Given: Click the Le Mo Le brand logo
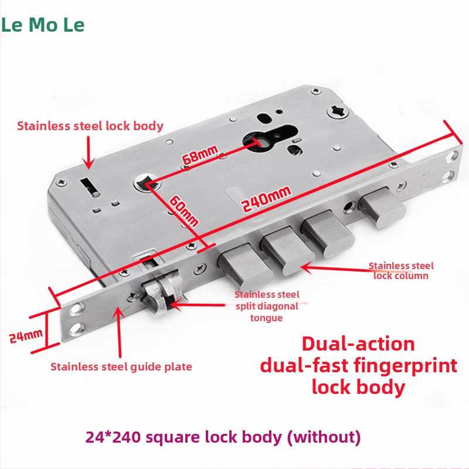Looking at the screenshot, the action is (x=43, y=25).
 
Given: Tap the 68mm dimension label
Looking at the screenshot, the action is (x=200, y=154).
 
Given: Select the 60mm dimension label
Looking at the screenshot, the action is (x=183, y=211).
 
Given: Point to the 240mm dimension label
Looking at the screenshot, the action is (x=266, y=199).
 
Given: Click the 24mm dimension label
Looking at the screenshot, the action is (x=26, y=336).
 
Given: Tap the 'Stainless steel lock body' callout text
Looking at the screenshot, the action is (x=90, y=126).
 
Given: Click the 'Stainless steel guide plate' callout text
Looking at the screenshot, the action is (x=121, y=367).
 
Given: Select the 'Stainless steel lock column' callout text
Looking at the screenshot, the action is (x=401, y=271).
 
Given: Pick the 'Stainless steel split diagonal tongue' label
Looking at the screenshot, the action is (x=267, y=306).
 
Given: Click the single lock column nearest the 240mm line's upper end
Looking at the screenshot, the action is (x=382, y=207).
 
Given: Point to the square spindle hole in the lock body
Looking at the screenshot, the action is (x=146, y=182).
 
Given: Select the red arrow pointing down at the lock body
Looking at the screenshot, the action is (x=89, y=152).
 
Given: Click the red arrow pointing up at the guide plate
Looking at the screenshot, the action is (x=120, y=332).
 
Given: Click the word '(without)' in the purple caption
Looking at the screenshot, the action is (x=324, y=437).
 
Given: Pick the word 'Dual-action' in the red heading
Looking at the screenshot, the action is (x=358, y=344).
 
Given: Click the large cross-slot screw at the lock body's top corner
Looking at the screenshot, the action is (x=338, y=111).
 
